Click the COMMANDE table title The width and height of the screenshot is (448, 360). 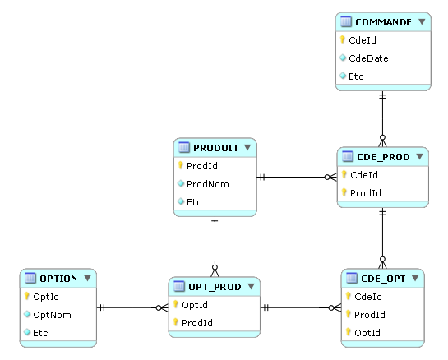point(383,22)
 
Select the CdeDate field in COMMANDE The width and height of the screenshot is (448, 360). point(368,58)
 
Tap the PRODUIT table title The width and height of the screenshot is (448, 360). point(215,148)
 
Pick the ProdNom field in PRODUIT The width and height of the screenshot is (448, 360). point(208,184)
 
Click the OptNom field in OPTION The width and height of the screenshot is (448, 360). point(52,315)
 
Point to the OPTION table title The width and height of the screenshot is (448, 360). point(58,279)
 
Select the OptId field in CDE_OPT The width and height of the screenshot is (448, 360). point(367,333)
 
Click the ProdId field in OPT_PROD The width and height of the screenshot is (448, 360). point(196,323)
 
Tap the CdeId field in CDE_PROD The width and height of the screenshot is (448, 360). point(363,175)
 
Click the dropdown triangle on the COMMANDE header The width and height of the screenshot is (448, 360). point(422,21)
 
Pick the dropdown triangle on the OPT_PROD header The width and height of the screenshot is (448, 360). point(251,286)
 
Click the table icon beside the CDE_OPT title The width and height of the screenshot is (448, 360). point(351,278)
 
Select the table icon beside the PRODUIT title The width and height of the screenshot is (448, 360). point(183,147)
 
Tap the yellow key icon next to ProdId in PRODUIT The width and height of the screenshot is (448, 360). point(180,165)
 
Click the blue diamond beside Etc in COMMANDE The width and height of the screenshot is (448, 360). point(343,76)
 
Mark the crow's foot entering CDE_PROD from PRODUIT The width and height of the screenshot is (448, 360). point(330,178)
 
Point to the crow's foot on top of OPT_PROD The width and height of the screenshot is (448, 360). point(215,270)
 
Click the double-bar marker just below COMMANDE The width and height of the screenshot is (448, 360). point(382,95)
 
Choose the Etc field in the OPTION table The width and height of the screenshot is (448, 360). point(40,333)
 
